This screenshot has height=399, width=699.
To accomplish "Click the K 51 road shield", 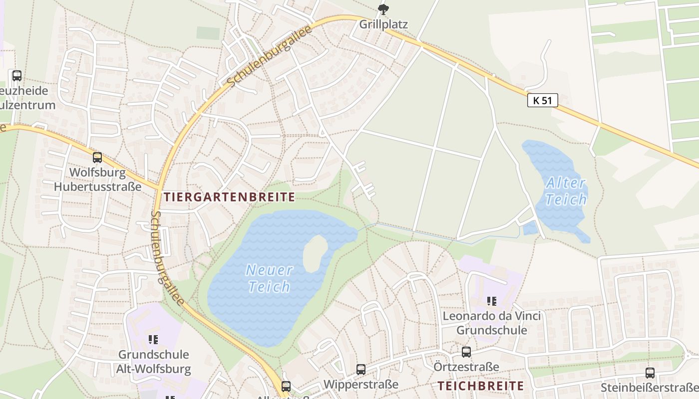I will pyautogui.click(x=542, y=100).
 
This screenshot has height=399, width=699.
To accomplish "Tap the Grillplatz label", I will pyautogui.click(x=383, y=24).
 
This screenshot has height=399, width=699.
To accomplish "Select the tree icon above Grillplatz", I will pyautogui.click(x=383, y=8).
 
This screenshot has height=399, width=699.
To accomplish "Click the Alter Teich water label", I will pyautogui.click(x=566, y=192).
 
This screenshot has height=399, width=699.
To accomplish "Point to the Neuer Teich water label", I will pyautogui.click(x=269, y=278).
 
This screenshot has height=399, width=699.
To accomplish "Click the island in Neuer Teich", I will pyautogui.click(x=315, y=253).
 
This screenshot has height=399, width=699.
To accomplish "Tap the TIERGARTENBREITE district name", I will pyautogui.click(x=230, y=197).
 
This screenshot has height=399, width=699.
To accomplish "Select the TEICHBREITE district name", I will pyautogui.click(x=481, y=386).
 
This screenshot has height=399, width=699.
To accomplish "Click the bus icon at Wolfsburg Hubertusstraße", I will pyautogui.click(x=97, y=158).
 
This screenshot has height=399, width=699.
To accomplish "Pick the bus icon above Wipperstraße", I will pyautogui.click(x=361, y=370).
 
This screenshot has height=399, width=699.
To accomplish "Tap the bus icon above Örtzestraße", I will pyautogui.click(x=466, y=352).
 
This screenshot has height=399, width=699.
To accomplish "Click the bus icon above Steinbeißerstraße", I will pyautogui.click(x=650, y=373).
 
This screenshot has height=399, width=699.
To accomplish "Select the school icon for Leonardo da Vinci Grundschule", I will pyautogui.click(x=492, y=301).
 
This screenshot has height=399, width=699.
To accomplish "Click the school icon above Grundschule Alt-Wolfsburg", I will pyautogui.click(x=153, y=340).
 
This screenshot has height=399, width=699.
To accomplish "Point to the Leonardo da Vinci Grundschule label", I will pyautogui.click(x=492, y=323).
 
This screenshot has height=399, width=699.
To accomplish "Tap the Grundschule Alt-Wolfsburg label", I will pyautogui.click(x=153, y=362).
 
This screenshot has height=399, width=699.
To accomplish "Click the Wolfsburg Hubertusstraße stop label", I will pyautogui.click(x=97, y=180).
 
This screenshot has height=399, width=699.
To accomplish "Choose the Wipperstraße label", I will pyautogui.click(x=361, y=385).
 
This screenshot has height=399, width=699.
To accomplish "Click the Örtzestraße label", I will pyautogui.click(x=466, y=367).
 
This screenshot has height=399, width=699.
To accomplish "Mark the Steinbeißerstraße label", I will pyautogui.click(x=649, y=388).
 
